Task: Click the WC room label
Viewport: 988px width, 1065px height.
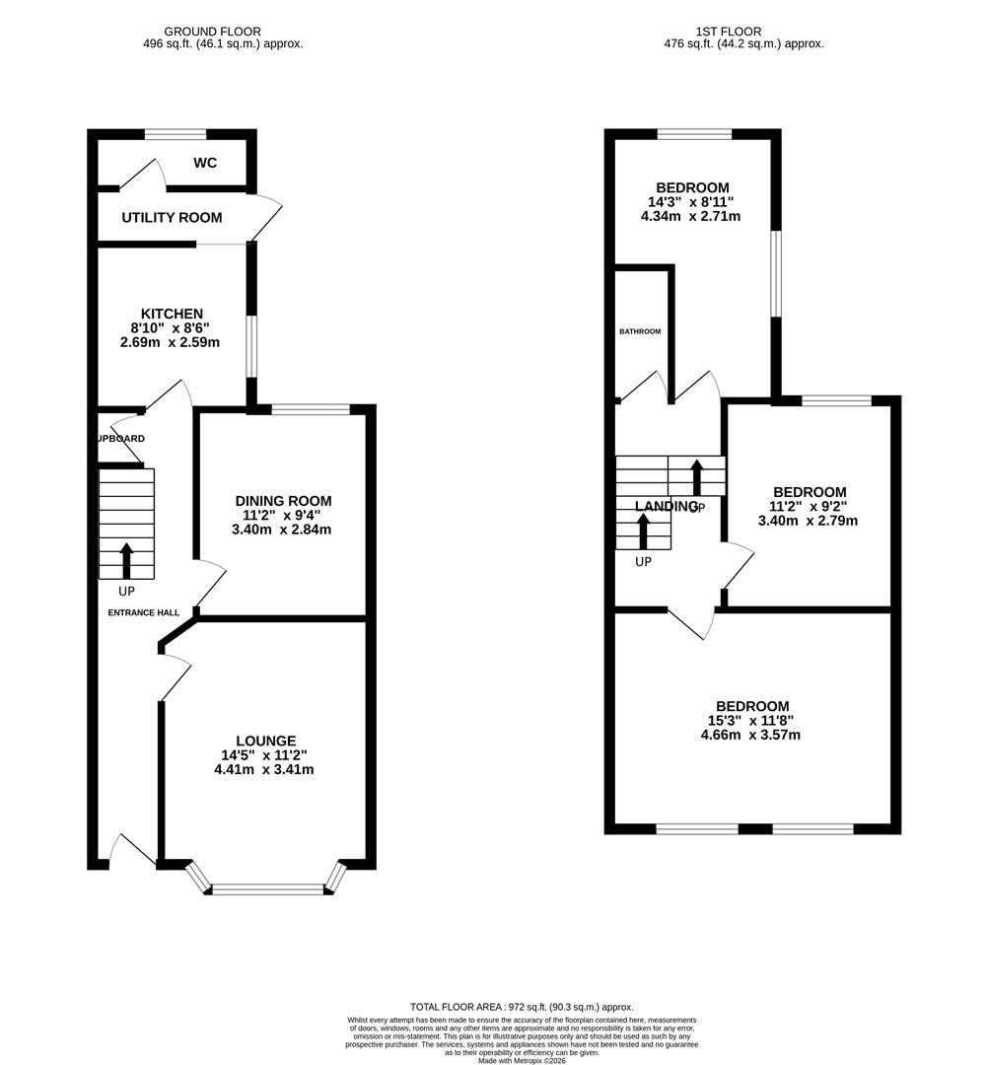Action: (x=205, y=162)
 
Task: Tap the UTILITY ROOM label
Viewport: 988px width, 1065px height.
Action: (x=172, y=217)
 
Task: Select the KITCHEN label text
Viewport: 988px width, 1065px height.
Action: (x=171, y=314)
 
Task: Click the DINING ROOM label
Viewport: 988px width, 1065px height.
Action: (x=282, y=501)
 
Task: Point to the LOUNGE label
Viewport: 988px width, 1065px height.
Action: (x=265, y=741)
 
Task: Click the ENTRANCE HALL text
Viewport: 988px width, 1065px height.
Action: (x=144, y=612)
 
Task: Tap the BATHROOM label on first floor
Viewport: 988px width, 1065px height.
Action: (x=640, y=331)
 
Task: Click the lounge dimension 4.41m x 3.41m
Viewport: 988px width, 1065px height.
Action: (x=265, y=769)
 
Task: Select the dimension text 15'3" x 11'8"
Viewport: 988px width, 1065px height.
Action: (x=752, y=720)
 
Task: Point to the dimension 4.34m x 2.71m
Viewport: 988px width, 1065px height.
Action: (x=692, y=216)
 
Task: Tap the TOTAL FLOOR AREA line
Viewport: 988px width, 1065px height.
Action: (x=521, y=1007)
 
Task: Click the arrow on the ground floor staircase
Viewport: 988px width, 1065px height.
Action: (x=126, y=559)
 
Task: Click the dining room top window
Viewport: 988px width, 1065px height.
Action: (x=311, y=409)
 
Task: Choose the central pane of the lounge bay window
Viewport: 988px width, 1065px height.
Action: (x=268, y=889)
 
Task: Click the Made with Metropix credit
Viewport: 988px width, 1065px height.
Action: (x=522, y=1060)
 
